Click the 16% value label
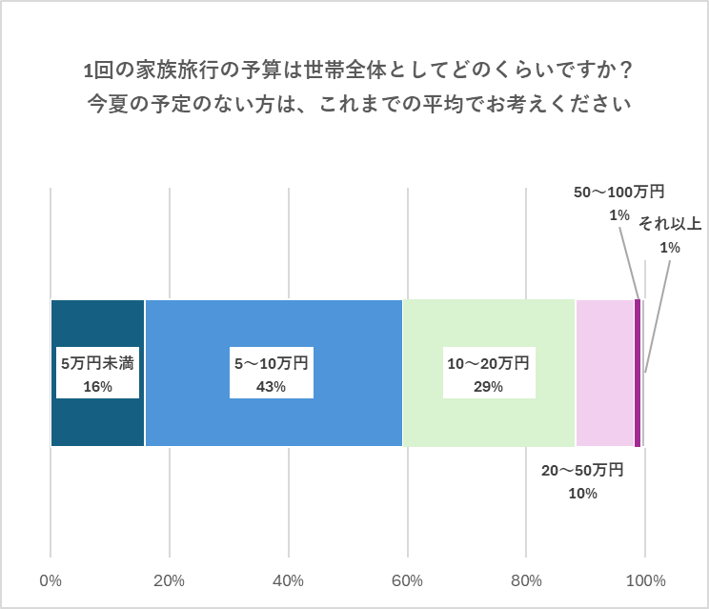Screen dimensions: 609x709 (97, 386)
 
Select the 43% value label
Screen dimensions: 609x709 (272, 386)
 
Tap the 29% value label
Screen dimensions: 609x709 (488, 386)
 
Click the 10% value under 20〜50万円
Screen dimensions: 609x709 (581, 493)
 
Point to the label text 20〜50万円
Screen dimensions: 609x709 (582, 470)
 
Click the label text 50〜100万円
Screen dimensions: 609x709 (618, 193)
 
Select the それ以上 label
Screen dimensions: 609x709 (670, 224)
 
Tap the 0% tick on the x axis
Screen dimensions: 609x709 (51, 580)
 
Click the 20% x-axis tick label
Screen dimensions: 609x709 (170, 580)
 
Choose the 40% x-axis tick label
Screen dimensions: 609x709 (289, 580)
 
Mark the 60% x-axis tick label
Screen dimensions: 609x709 (408, 580)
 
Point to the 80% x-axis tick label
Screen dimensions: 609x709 (526, 580)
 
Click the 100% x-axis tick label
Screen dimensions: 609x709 (645, 580)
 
